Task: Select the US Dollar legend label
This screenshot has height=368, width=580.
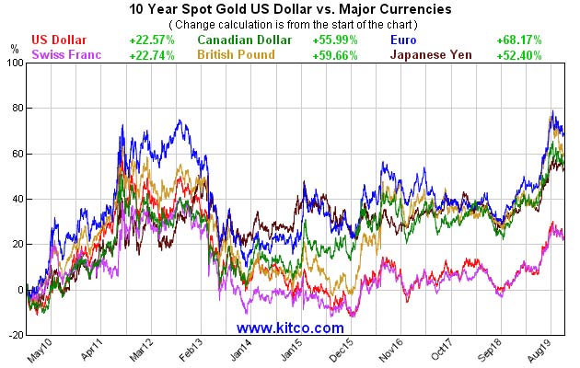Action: (x=59, y=40)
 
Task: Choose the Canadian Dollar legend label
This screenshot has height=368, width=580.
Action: (x=244, y=40)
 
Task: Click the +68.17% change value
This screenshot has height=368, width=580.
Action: (x=543, y=40)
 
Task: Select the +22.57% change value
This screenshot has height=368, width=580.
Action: (x=152, y=40)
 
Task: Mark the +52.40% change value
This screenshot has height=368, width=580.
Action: (x=543, y=55)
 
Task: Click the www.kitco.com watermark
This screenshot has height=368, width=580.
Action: (x=290, y=328)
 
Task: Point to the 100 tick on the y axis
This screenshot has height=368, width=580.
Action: (x=14, y=63)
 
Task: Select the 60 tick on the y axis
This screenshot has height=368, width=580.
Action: (x=17, y=154)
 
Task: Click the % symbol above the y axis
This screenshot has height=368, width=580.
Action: (x=14, y=47)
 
